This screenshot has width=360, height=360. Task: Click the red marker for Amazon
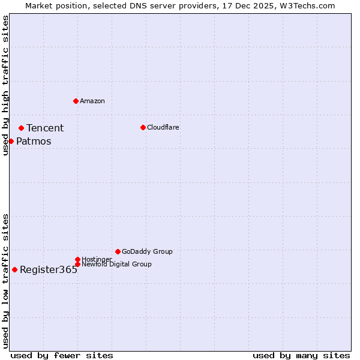point(76,101)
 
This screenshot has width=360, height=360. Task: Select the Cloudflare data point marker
point(143,127)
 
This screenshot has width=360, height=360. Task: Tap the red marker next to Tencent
point(21,128)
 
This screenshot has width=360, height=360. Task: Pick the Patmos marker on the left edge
point(11,141)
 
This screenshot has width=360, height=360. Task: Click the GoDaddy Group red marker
point(118,251)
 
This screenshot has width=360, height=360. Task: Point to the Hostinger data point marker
point(77,259)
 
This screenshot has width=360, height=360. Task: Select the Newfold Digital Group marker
point(77,264)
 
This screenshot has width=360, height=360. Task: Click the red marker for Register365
point(14,269)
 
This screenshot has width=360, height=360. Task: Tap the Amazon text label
point(92,101)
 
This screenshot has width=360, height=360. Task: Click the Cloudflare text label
point(163,127)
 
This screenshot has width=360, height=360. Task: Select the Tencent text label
point(45,128)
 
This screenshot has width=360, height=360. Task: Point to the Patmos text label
point(34,142)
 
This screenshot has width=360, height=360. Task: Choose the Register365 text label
point(49,270)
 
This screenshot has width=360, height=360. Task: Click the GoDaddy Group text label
point(147,251)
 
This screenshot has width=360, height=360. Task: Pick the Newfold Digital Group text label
point(116,264)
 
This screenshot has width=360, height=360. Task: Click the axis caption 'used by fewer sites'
point(62,355)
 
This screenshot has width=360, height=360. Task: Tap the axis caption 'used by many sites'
point(301,355)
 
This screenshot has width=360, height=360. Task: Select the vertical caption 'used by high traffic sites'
point(5,85)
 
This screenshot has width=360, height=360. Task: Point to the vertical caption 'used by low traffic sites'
point(5,280)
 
